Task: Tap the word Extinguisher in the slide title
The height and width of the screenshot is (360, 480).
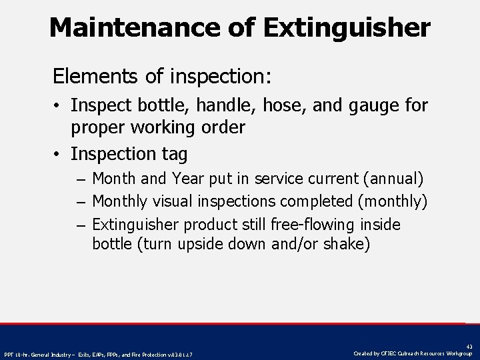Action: (347, 28)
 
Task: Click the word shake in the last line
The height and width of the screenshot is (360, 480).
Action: (343, 244)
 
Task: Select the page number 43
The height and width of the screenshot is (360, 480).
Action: (469, 347)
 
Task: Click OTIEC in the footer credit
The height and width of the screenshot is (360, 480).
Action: (389, 353)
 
